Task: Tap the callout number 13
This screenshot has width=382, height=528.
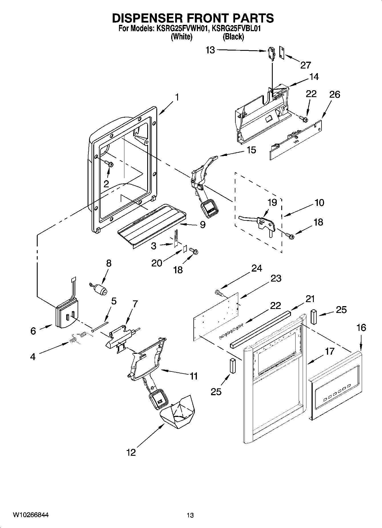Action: click(210, 50)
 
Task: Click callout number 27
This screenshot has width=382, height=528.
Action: click(305, 65)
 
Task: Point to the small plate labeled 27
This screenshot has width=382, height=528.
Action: click(282, 53)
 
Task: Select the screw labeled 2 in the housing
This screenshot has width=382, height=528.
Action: click(109, 164)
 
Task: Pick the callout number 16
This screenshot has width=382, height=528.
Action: click(361, 327)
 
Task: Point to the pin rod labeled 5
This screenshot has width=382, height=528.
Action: click(100, 326)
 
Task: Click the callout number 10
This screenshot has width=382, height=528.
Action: click(319, 203)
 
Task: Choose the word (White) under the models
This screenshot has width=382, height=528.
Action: click(181, 37)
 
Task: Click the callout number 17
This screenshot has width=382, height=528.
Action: click(330, 351)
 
